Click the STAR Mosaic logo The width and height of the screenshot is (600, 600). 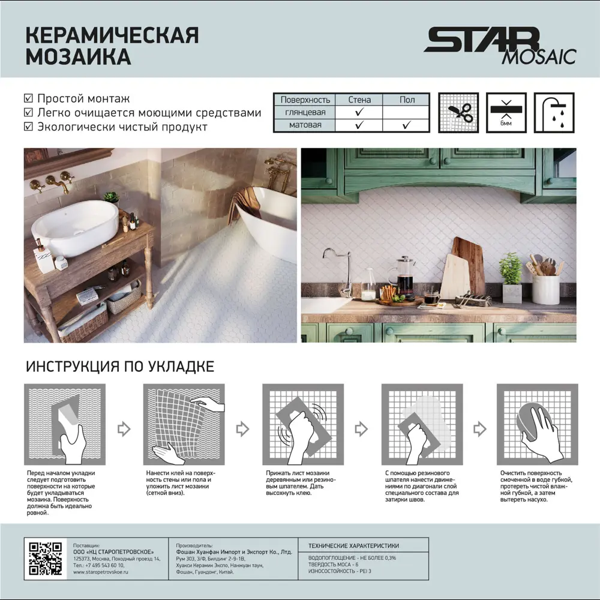pyautogui.click(x=499, y=46)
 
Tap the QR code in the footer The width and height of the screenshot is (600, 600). pyautogui.click(x=46, y=559)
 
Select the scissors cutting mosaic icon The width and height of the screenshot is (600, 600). pyautogui.click(x=458, y=112)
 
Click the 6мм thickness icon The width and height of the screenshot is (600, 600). pyautogui.click(x=506, y=112)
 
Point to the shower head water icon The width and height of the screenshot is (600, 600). pyautogui.click(x=554, y=112)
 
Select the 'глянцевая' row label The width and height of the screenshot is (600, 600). pyautogui.click(x=305, y=112)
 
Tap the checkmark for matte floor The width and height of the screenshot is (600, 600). pyautogui.click(x=406, y=125)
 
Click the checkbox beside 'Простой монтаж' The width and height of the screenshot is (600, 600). pyautogui.click(x=28, y=98)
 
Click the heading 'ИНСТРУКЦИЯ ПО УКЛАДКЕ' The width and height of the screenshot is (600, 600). pyautogui.click(x=119, y=366)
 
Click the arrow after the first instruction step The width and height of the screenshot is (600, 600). pyautogui.click(x=124, y=428)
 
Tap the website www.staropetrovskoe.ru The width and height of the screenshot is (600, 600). pyautogui.click(x=101, y=573)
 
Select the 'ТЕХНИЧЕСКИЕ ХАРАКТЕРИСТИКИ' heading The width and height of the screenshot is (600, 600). pyautogui.click(x=353, y=546)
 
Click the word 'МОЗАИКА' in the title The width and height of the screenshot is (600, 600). pyautogui.click(x=79, y=57)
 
